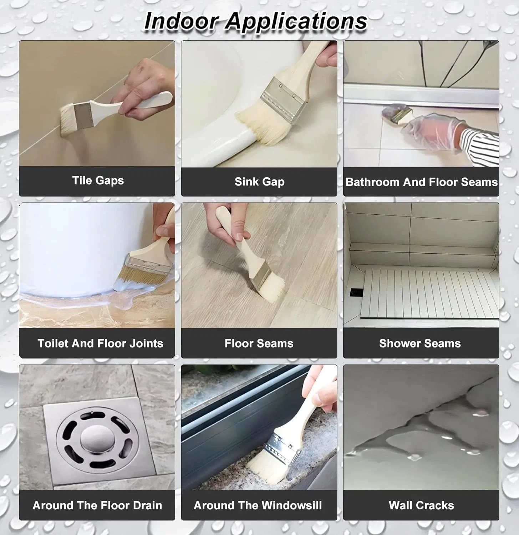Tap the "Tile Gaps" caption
[98, 180]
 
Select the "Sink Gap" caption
[259, 182]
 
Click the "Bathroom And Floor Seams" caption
[421, 182]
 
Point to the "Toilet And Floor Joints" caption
[100, 343]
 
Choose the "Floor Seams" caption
[259, 343]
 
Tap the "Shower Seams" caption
[420, 343]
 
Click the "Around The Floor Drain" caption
[97, 505]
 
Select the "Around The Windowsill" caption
[258, 505]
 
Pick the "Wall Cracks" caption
[421, 505]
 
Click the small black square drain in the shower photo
[355, 292]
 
